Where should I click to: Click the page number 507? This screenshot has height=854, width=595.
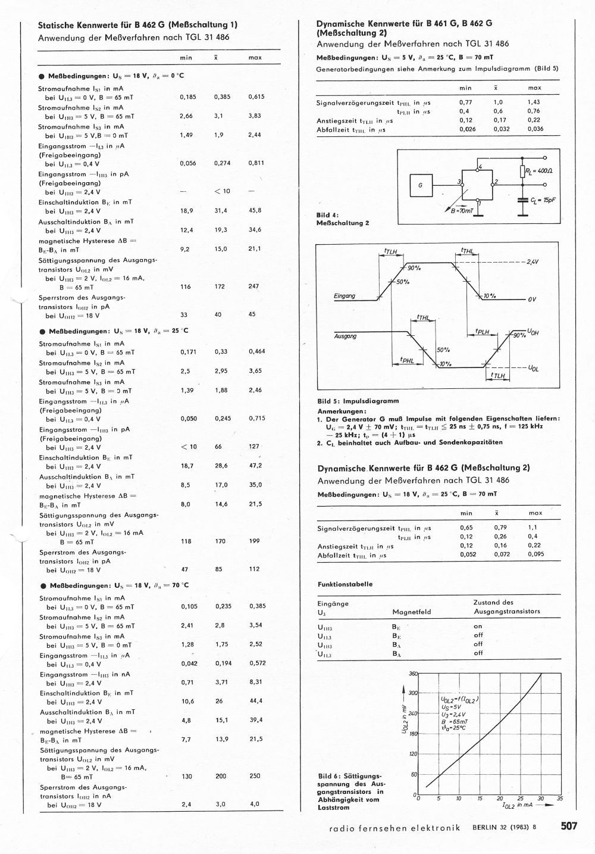pos(568,826)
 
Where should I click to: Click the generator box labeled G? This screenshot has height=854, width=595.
pos(420,185)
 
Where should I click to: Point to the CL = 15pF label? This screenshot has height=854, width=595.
pos(543,200)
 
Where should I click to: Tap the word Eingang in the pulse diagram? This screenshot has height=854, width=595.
pos(345,296)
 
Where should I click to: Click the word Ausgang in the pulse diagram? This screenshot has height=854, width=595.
pos(345,336)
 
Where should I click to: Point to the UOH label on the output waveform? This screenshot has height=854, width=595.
pos(533,332)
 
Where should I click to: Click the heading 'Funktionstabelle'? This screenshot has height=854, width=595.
pos(345,584)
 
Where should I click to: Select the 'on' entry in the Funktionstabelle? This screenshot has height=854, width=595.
pos(478,627)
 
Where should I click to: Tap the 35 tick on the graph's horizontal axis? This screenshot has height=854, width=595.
pos(559,799)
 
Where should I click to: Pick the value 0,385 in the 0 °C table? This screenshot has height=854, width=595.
pos(223,96)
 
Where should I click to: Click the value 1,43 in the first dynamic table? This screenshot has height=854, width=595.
pos(534,102)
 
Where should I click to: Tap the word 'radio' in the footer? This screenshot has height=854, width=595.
pos(341,827)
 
